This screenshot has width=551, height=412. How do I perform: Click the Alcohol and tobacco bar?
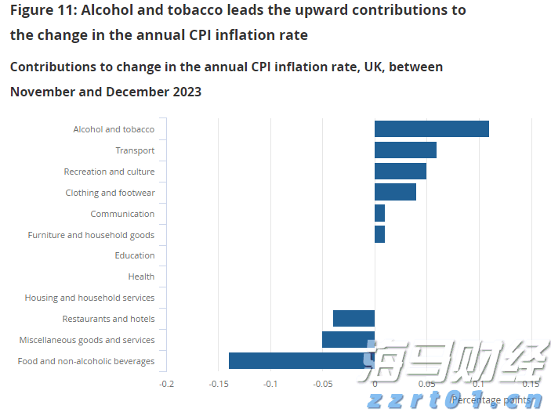[431, 129]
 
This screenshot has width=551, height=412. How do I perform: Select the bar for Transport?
[405, 150]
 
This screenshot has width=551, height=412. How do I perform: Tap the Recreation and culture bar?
[400, 172]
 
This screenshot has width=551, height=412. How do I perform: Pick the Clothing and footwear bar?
[395, 192]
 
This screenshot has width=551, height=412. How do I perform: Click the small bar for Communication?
[379, 213]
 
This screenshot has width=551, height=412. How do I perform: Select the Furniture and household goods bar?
[379, 234]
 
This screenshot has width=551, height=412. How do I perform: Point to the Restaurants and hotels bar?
[353, 319]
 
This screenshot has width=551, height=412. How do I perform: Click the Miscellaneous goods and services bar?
[348, 340]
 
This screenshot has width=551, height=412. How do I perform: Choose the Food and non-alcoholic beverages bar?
[301, 360]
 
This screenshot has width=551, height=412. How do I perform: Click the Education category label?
[135, 255]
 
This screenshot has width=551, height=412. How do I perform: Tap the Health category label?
[141, 276]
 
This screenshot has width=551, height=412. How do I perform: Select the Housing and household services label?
[89, 298]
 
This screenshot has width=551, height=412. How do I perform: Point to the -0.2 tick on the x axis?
[166, 385]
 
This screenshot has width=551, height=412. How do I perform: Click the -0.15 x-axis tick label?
[218, 385]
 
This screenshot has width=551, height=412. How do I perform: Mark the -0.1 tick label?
[270, 385]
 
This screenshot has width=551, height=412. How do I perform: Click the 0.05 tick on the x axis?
[426, 385]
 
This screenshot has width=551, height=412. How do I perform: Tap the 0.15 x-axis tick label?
[531, 385]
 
